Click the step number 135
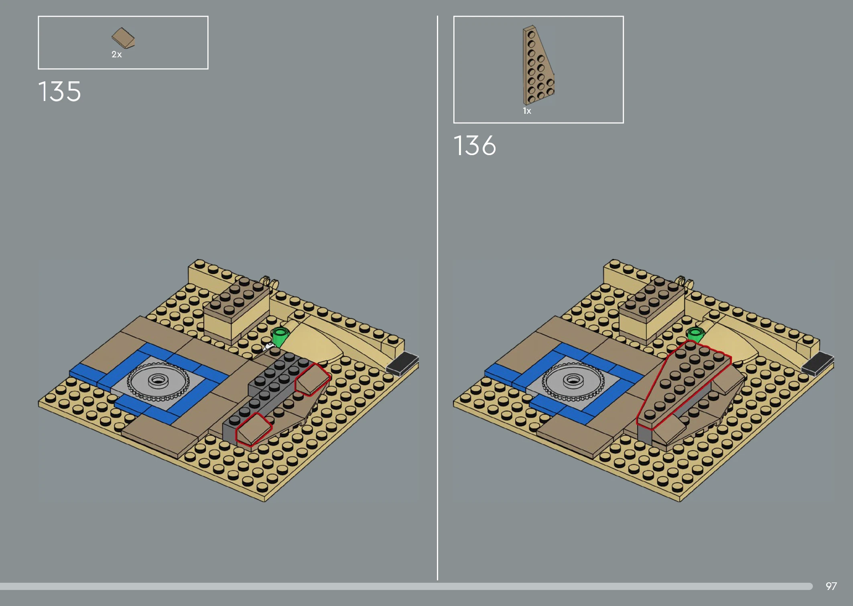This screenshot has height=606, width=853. [60, 91]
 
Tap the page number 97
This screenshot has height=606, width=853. [831, 586]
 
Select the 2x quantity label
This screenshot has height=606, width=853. [116, 55]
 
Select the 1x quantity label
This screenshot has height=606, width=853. [527, 111]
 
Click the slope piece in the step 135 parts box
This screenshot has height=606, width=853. [123, 38]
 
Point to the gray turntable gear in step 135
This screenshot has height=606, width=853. [158, 381]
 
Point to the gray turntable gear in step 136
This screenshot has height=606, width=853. [573, 381]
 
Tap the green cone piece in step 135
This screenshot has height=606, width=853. [280, 336]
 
